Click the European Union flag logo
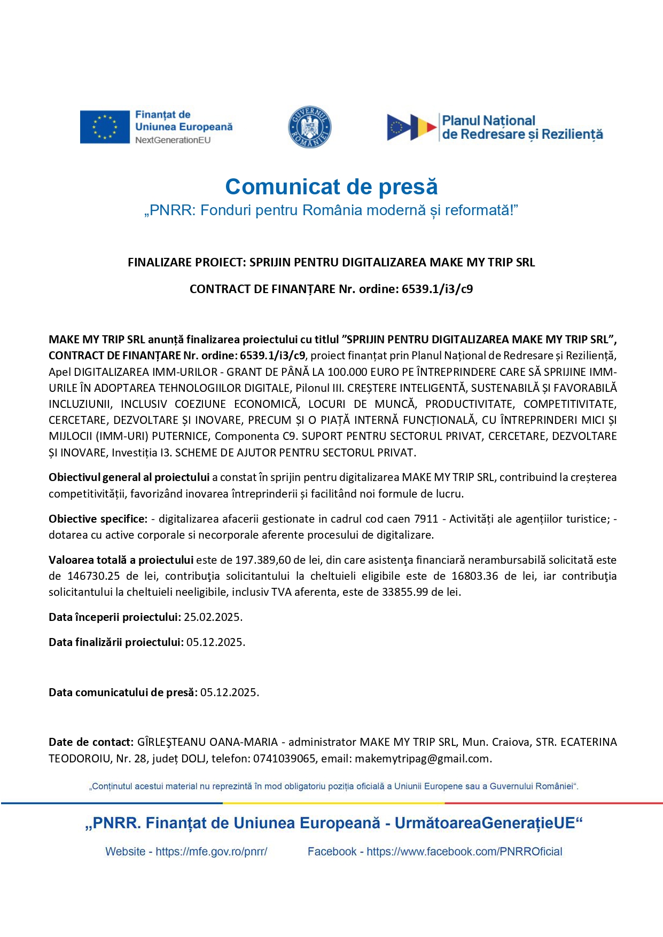pyautogui.click(x=105, y=127)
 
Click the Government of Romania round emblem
pyautogui.click(x=310, y=127)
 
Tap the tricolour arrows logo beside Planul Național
pyautogui.click(x=411, y=127)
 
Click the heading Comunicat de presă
pyautogui.click(x=331, y=187)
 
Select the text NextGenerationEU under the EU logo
pyautogui.click(x=173, y=140)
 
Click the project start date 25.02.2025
pyautogui.click(x=213, y=617)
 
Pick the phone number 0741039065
pyautogui.click(x=284, y=759)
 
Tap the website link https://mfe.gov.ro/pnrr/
pyautogui.click(x=212, y=852)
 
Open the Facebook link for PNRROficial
pyautogui.click(x=464, y=852)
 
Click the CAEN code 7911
pyautogui.click(x=426, y=519)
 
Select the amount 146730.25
pyautogui.click(x=93, y=576)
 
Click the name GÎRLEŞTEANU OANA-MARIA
pyautogui.click(x=207, y=742)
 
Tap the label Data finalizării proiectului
pyautogui.click(x=116, y=642)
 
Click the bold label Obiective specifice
pyautogui.click(x=98, y=519)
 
